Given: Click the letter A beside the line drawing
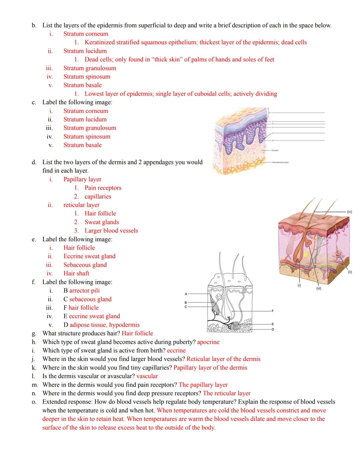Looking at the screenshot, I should (186, 294).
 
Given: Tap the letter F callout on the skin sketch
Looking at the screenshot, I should (272, 311).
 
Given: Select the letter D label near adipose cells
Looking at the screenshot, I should (272, 330).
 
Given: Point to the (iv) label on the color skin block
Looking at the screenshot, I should (349, 212).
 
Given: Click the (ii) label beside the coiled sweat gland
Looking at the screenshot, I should (350, 272).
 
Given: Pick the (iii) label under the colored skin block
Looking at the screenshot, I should (318, 289).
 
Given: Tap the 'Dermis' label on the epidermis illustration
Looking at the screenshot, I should (275, 150).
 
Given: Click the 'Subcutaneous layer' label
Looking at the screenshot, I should (280, 162).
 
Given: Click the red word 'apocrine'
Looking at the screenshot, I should (208, 342).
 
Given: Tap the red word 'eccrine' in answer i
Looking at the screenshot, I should (176, 351).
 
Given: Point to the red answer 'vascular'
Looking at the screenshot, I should (147, 376).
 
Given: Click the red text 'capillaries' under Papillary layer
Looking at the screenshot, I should (98, 196).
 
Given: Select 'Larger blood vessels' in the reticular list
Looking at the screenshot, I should (111, 230).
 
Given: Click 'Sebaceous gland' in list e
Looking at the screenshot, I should (85, 265).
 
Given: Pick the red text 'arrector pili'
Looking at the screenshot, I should (84, 291).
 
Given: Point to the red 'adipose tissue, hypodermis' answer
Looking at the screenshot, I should (104, 325).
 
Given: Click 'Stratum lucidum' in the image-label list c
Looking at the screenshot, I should (85, 119).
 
